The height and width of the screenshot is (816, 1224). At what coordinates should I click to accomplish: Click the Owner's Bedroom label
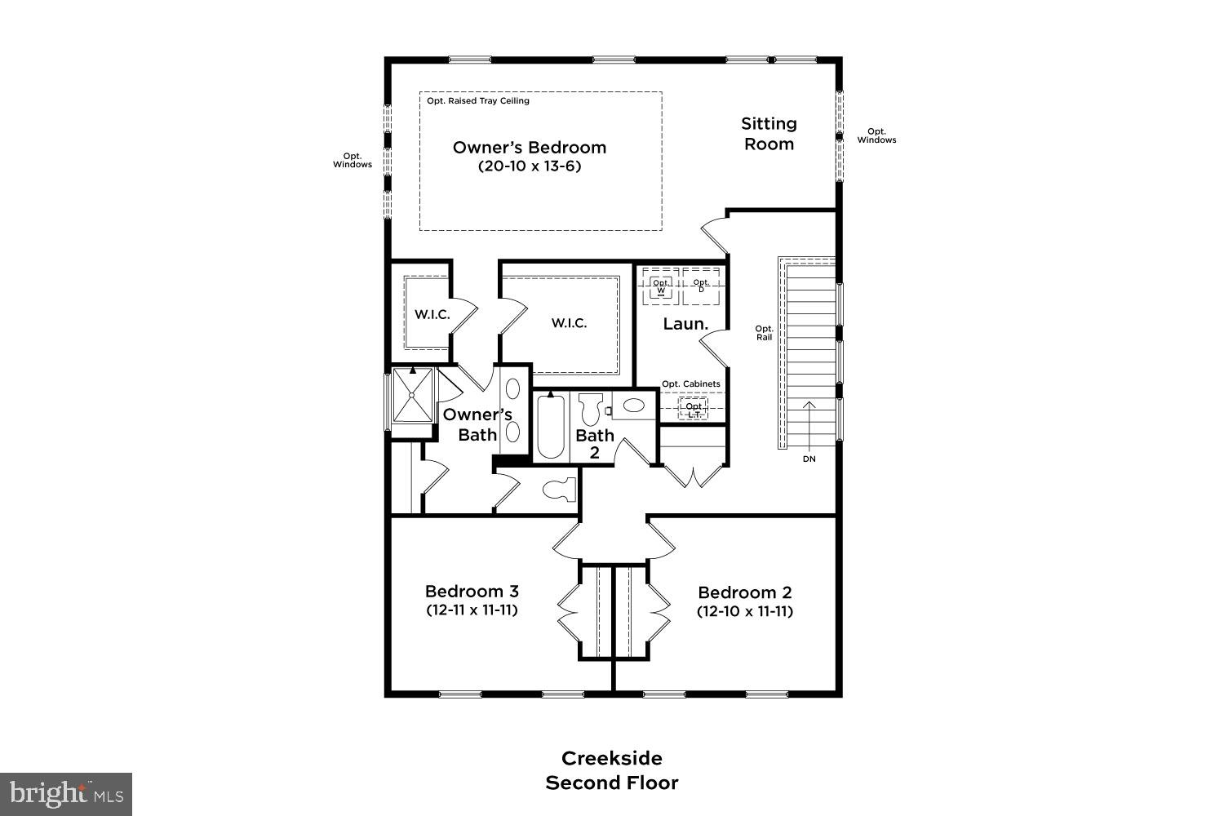pos(529,148)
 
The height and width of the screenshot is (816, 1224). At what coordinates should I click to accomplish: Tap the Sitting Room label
pos(768,134)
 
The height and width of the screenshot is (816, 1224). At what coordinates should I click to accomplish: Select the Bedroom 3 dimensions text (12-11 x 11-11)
pos(472,610)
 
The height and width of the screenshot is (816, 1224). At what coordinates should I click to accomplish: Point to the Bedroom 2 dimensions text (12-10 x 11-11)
pos(744,611)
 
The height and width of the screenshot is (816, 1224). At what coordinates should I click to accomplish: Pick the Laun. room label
pos(685,324)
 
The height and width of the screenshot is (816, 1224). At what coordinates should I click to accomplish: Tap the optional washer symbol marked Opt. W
pos(660,286)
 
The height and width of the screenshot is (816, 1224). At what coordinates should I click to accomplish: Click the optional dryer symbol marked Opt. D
pos(701,286)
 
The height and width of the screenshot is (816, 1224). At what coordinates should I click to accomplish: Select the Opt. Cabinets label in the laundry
pos(690,384)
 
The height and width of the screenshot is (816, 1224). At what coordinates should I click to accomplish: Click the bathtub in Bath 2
pos(552,427)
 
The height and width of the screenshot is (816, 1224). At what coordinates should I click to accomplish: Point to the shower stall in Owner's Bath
pos(413,396)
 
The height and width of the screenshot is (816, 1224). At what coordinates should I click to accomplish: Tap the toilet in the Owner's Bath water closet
pos(559,490)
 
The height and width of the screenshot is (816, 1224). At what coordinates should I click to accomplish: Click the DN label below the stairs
pos(809,459)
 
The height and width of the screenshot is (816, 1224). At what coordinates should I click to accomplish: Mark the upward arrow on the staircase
pos(809,424)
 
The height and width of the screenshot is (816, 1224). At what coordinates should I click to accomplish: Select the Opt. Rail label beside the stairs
pos(764,333)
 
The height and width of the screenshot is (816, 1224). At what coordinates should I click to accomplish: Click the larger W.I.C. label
pos(569,323)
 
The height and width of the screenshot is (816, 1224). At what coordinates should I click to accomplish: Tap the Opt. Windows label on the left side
pos(352,160)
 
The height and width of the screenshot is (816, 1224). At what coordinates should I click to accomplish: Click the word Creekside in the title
pos(611,758)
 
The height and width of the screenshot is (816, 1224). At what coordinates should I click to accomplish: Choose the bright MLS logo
pos(66,794)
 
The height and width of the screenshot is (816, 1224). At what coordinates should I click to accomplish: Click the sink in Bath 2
pos(633,406)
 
